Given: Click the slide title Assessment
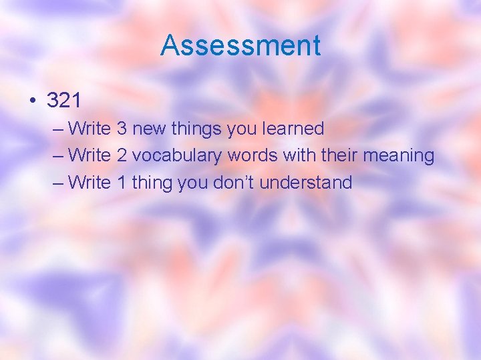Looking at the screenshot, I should (x=240, y=45).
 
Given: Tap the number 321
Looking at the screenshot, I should (x=64, y=101).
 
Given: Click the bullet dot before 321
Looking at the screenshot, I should (x=32, y=101).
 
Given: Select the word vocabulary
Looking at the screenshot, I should (x=177, y=156).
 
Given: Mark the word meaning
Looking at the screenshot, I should (x=399, y=156).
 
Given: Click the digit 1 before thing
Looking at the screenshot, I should (x=122, y=182).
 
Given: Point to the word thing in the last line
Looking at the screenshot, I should (x=152, y=183).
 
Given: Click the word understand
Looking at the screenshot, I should (x=306, y=182).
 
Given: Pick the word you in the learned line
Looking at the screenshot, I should (x=241, y=129).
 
